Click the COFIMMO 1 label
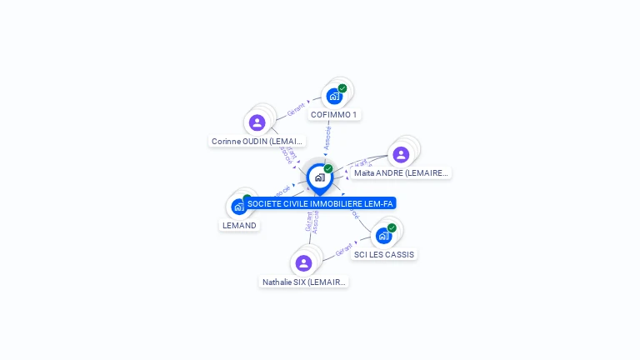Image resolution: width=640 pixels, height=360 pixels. [x=334, y=114]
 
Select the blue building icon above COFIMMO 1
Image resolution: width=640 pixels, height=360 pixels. [x=334, y=96]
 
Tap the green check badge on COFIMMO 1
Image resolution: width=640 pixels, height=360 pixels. [x=342, y=88]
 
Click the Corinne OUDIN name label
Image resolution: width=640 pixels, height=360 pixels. [x=257, y=142]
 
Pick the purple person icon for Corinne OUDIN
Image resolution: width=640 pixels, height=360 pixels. [x=257, y=122]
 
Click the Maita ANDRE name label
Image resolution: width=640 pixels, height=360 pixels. [x=401, y=173]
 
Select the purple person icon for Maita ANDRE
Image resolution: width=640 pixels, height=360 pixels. [x=401, y=154]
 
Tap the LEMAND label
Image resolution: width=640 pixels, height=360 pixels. [x=239, y=225]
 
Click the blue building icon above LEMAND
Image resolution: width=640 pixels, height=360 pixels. [x=238, y=207]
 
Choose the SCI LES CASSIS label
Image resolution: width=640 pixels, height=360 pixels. [x=383, y=254]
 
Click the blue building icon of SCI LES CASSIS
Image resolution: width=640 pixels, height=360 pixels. [x=383, y=236]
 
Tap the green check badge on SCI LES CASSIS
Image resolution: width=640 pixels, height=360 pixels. [x=392, y=227]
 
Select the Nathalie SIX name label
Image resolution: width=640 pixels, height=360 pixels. [x=303, y=282]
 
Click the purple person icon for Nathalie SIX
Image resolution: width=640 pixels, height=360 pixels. [x=303, y=263]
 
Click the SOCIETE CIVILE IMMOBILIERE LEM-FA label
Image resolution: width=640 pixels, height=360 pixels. [x=320, y=203]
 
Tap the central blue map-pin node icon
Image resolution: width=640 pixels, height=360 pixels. [x=319, y=177]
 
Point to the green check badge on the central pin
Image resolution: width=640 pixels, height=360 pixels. [x=328, y=169]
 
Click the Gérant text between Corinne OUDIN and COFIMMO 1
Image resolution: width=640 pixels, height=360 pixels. [x=297, y=109]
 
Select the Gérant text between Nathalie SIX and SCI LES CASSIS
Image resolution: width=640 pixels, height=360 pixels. [x=345, y=249]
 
